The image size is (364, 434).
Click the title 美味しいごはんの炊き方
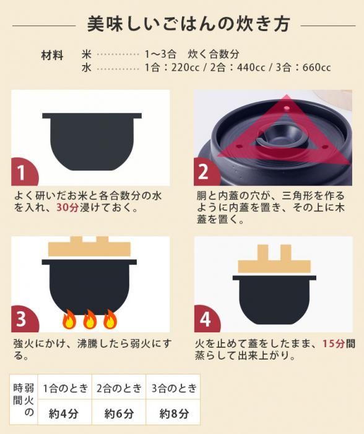[x=188, y=24]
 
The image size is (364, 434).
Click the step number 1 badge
[x=24, y=172]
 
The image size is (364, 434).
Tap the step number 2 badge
[x=206, y=172]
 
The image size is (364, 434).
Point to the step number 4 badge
[x=207, y=319]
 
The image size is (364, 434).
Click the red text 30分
[x=67, y=207]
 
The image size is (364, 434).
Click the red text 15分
[x=334, y=343]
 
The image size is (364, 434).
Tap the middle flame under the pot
[x=90, y=319]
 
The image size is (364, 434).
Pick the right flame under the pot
[x=110, y=319]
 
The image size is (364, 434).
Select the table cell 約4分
[x=64, y=414]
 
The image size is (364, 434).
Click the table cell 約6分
[x=119, y=414]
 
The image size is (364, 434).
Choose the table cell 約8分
[x=174, y=414]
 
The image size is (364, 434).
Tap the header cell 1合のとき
[x=65, y=388]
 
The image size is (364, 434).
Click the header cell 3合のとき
[x=174, y=388]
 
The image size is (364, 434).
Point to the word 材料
[x=52, y=55]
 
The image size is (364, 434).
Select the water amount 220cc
[x=185, y=67]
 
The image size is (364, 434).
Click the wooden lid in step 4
[x=274, y=259]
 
